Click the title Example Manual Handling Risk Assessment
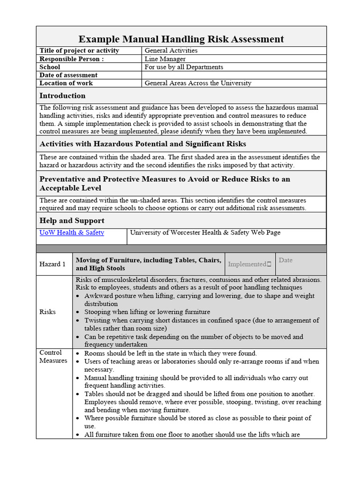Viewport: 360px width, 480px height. (181, 39)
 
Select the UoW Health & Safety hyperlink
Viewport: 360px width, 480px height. (72, 232)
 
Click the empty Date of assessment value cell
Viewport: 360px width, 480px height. (234, 75)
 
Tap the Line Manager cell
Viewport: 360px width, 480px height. (165, 59)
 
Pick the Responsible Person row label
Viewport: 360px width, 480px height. (72, 59)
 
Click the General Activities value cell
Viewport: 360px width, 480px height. (171, 51)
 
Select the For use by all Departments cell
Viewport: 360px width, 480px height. (184, 67)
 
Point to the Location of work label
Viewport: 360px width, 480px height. (66, 83)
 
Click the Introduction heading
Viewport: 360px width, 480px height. (62, 96)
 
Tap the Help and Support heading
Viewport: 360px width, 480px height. (72, 220)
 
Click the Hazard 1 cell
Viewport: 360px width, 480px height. (52, 264)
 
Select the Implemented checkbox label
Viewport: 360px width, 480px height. (249, 264)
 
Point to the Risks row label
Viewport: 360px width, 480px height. (47, 312)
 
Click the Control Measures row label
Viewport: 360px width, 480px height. (53, 357)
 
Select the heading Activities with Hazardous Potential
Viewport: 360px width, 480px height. (142, 144)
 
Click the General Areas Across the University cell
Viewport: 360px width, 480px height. (198, 83)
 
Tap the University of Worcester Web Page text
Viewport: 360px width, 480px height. (205, 232)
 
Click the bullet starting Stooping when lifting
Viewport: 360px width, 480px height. (147, 312)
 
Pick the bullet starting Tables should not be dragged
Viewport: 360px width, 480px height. (199, 394)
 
